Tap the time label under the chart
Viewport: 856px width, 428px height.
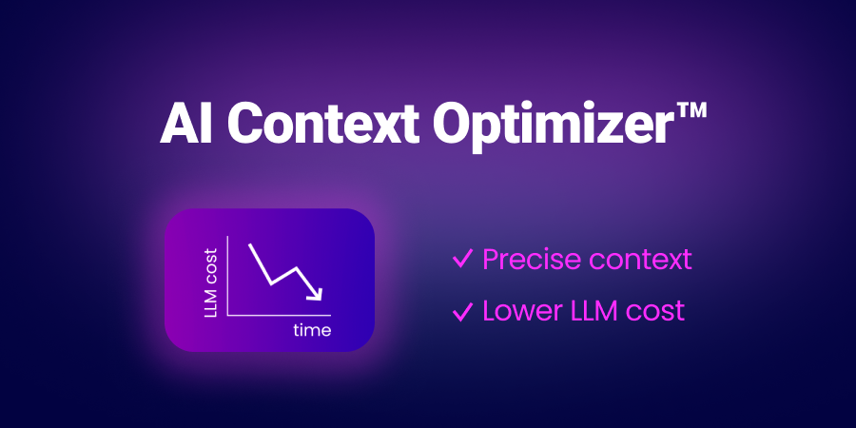click(312, 331)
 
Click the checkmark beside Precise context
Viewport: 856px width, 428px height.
click(463, 259)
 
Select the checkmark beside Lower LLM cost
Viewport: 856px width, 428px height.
click(463, 310)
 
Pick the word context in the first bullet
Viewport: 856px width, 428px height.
click(638, 259)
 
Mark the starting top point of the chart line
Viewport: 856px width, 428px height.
click(250, 244)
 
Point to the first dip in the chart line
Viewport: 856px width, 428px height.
click(272, 282)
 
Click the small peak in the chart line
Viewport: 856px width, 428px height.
click(298, 267)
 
